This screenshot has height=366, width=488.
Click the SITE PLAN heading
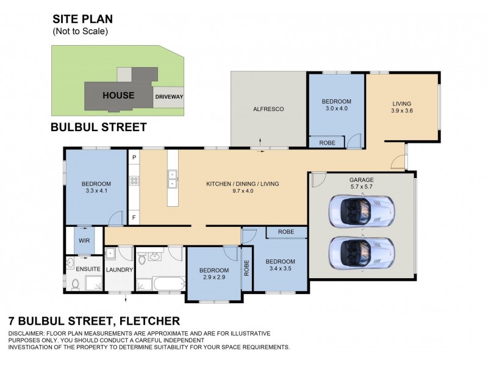coord(82,20)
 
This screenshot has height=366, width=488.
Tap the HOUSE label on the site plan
coord(118,95)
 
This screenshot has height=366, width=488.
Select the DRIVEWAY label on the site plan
coord(169,96)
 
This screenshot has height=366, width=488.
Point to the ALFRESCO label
coord(268,109)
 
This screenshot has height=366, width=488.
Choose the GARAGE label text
coord(361,180)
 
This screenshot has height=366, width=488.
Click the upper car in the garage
coord(359,211)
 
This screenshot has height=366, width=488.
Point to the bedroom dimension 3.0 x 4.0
coord(337,109)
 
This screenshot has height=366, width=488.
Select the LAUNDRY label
coord(119,270)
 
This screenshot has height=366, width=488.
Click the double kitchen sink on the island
coord(173,179)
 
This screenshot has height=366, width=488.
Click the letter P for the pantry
coord(134,157)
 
